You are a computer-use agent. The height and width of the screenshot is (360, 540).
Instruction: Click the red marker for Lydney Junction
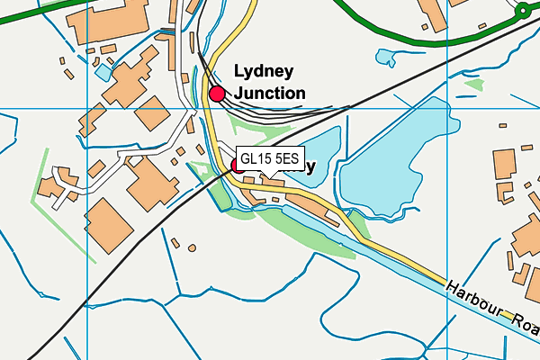[x=217, y=93]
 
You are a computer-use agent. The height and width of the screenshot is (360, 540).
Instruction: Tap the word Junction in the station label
[x=269, y=93]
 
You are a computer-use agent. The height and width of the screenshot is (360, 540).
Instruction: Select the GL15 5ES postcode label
[x=271, y=157]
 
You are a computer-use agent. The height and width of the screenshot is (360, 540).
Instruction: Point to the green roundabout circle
[x=523, y=11]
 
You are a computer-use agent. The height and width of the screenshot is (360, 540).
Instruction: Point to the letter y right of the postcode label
[x=310, y=167]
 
